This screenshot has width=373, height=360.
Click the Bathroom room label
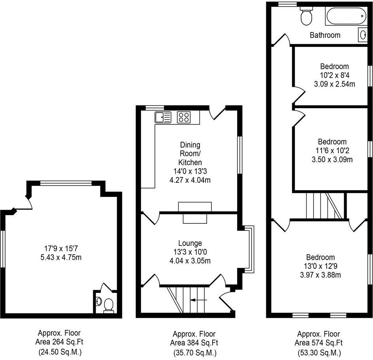coord(325,35)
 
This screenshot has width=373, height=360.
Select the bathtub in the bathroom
coord(345,17)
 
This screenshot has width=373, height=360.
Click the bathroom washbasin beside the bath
coord(363,35)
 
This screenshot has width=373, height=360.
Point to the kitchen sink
coord(163,117)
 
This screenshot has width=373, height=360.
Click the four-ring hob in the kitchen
coord(183,117)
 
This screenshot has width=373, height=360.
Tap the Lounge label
coord(190,243)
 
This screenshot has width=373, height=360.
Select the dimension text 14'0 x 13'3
coord(190,171)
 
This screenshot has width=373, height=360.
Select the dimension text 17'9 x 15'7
coord(60,249)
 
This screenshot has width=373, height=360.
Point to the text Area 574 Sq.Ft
coord(318,342)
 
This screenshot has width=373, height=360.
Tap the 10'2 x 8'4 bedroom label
coord(334,75)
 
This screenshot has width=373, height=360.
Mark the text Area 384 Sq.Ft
coord(194,342)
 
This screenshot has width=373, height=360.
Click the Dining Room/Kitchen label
coord(190,154)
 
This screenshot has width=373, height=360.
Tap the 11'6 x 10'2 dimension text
coord(332,150)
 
